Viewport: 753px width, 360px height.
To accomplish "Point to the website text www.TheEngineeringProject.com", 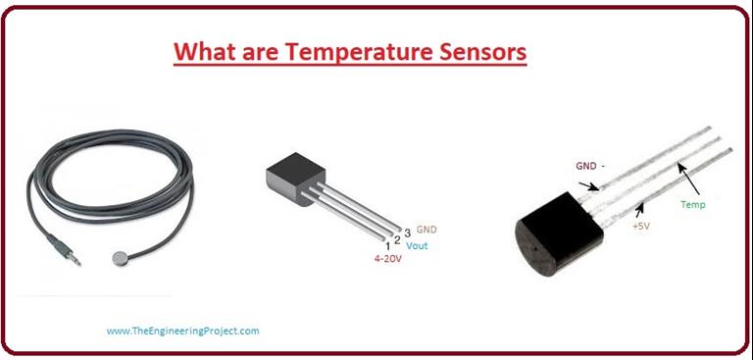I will click(x=183, y=332).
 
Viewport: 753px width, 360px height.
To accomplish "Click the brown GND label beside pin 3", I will click(x=427, y=229).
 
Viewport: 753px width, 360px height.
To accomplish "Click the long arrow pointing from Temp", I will click(x=692, y=182).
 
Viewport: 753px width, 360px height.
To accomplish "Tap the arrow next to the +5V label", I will click(x=642, y=207).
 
